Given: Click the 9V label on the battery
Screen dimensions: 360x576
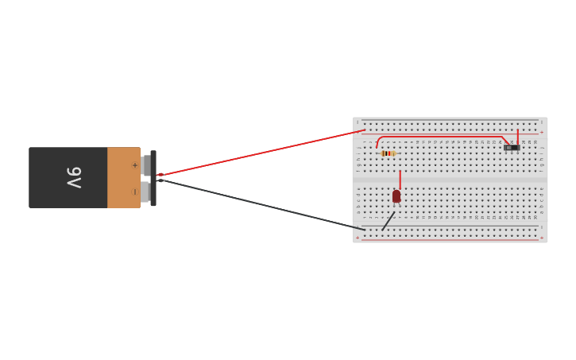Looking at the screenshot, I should point(73,177).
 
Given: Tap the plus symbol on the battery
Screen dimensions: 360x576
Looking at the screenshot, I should point(134,165).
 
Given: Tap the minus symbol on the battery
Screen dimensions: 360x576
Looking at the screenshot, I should point(134,192).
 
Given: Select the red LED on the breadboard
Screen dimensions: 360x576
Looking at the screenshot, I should point(396,196).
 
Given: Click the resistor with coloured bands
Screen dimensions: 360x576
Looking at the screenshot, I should point(389,153).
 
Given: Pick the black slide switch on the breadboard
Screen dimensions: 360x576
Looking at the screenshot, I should point(512,147).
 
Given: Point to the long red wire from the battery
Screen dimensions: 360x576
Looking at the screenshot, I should point(262,152).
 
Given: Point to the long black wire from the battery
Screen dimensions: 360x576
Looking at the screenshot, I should point(262,204).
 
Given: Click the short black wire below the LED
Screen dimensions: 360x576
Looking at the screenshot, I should point(388,222).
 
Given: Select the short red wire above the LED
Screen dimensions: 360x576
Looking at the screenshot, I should point(400,179).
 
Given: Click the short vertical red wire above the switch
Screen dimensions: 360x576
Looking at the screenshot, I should point(518,136).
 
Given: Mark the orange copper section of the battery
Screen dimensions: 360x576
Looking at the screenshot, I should point(123,177).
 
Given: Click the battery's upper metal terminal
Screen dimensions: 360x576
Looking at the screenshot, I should point(146,165).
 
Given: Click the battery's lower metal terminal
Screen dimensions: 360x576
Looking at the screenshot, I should point(146,192).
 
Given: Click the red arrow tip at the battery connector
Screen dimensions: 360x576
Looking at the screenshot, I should point(158,175).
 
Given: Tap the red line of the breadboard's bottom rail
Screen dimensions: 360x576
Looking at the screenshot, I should point(450,238).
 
